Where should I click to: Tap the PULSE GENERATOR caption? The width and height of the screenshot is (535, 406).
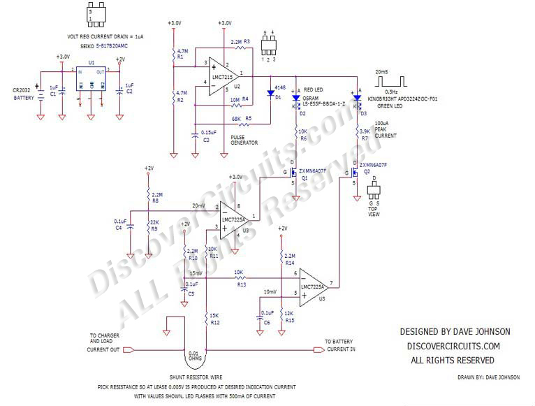coord(244,139)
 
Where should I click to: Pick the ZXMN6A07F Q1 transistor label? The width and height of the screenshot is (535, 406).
coord(314,171)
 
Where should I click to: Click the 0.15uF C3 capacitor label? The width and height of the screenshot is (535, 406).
coord(209,136)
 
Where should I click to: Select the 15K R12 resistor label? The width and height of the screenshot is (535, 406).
coord(215,319)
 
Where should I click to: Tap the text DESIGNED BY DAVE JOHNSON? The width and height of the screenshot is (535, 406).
coord(454,331)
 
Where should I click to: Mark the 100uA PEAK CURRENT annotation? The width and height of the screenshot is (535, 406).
coord(385,129)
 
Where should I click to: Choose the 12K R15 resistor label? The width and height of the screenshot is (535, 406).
coord(290,317)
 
